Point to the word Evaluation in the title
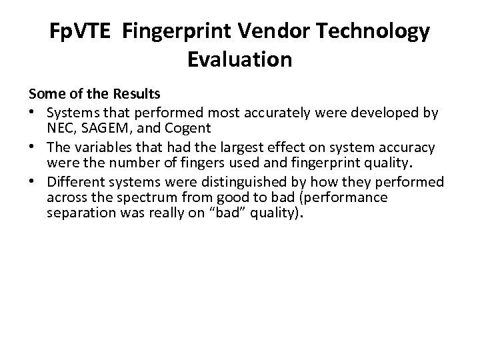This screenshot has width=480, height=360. point(240,59)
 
